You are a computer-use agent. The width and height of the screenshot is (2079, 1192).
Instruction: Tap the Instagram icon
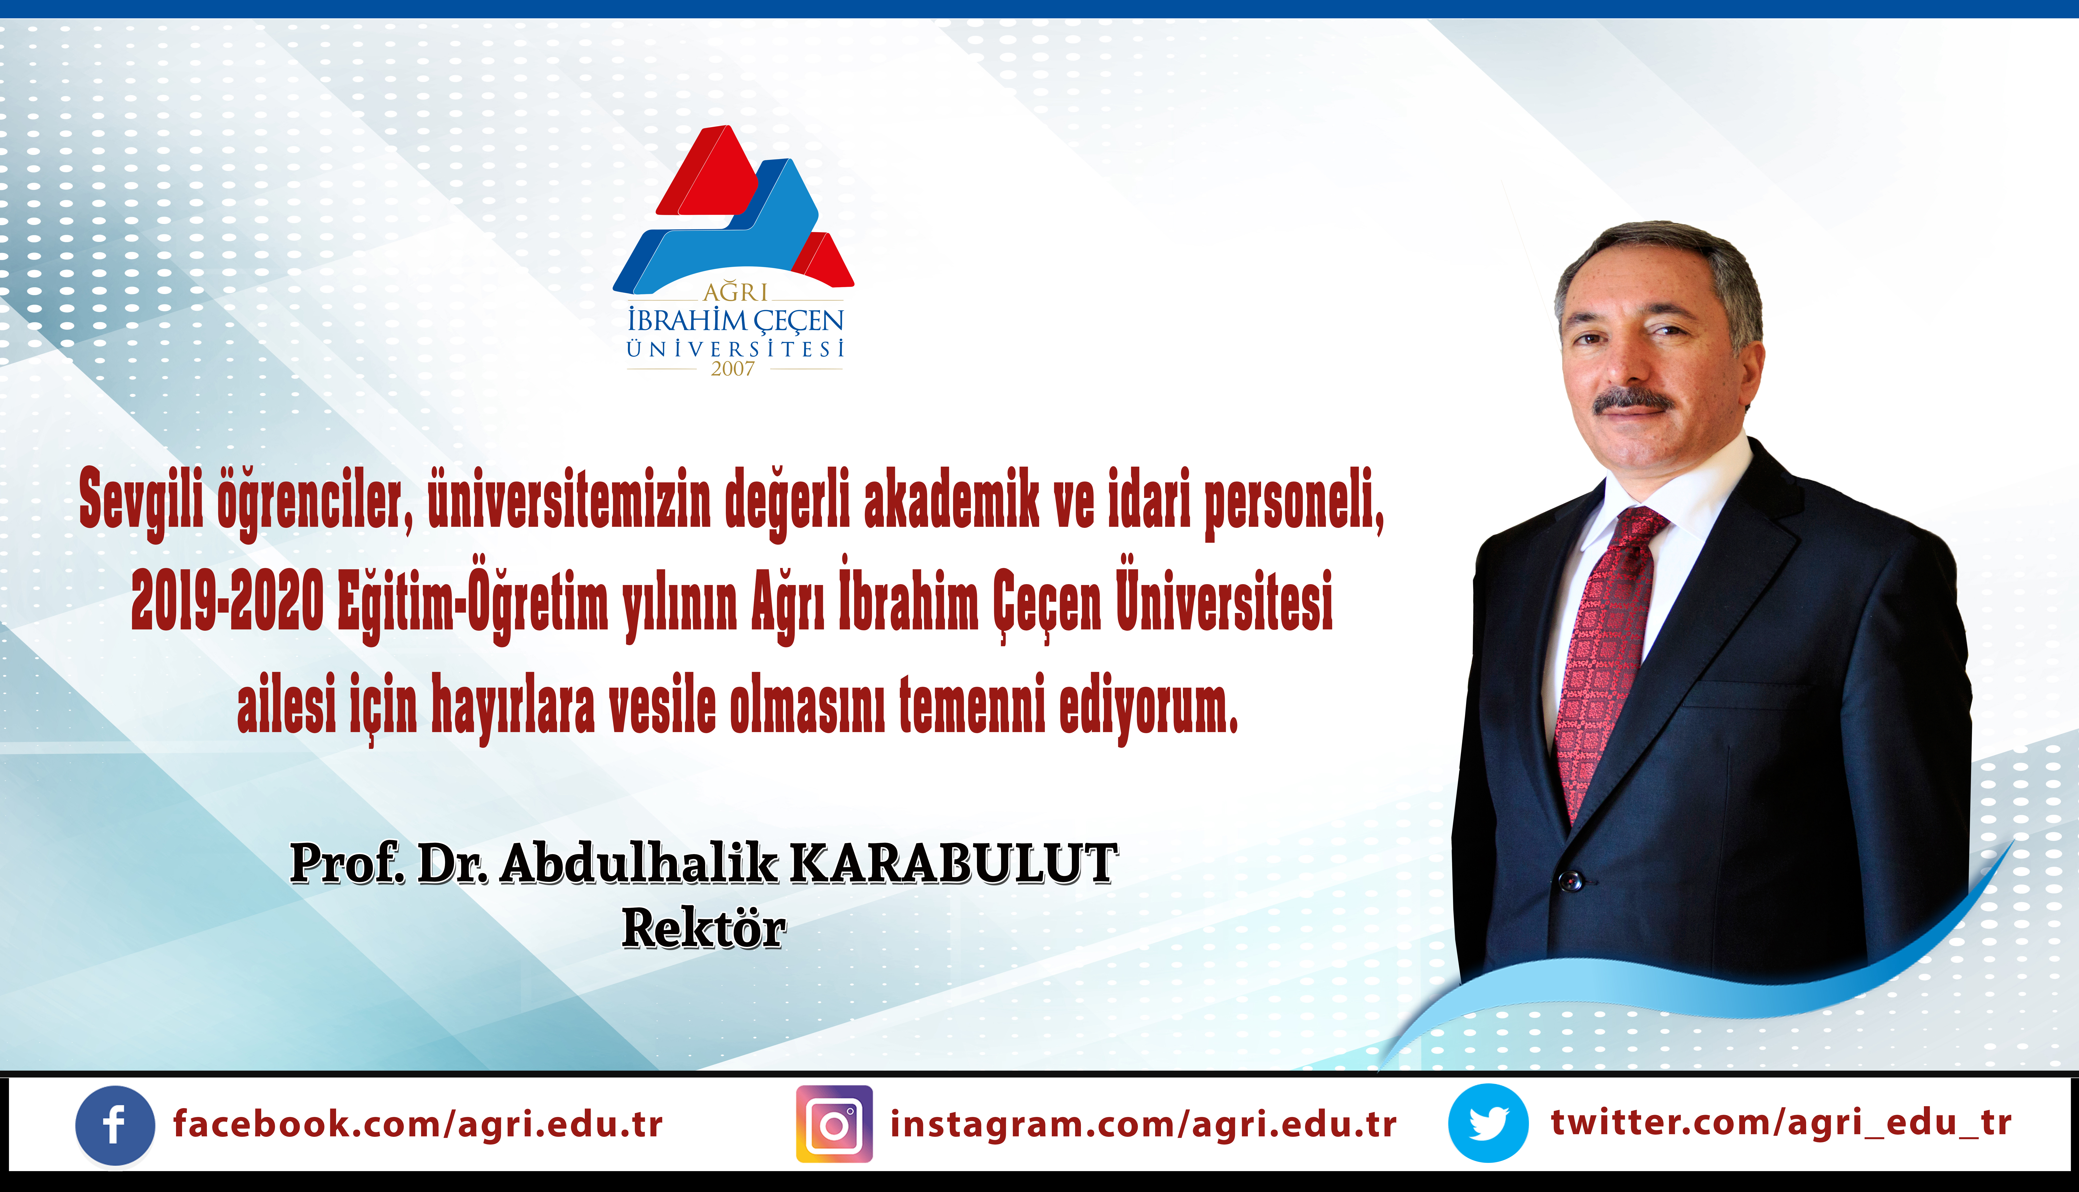(834, 1124)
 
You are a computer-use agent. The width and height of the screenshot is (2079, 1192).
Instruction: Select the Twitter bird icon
(1488, 1123)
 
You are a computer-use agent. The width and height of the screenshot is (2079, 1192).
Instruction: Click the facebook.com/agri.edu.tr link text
(418, 1124)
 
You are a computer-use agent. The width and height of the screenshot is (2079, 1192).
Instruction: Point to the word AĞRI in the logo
(735, 292)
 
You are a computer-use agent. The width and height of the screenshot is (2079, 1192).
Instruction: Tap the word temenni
(972, 703)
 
